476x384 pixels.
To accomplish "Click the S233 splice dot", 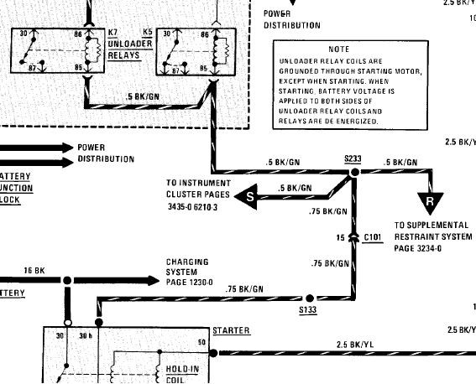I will (x=354, y=172).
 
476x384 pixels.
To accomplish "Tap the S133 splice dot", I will (x=309, y=298).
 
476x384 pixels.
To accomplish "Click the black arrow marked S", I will (x=249, y=197).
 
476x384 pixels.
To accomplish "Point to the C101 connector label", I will (x=374, y=238).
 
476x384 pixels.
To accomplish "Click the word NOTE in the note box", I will (x=338, y=49).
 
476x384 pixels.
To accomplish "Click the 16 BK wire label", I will (x=34, y=272).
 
